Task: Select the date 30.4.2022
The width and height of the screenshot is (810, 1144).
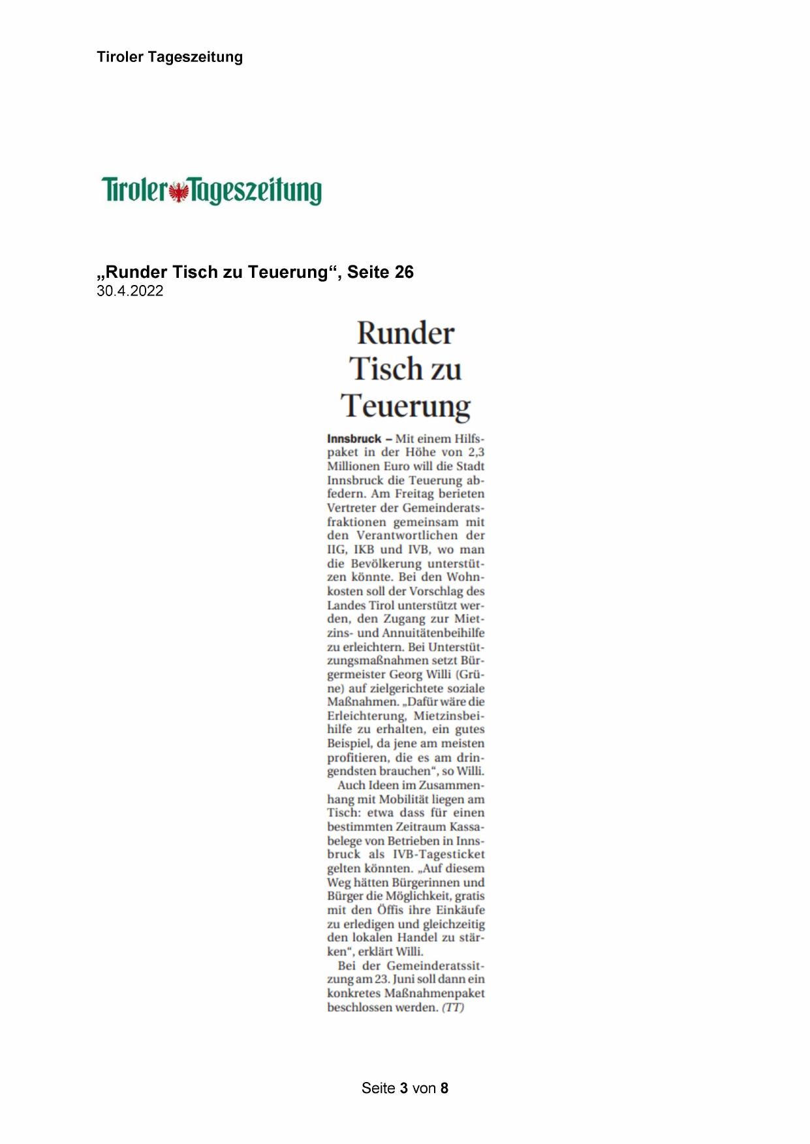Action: pos(130,292)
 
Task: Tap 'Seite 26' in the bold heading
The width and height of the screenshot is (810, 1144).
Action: pos(381,272)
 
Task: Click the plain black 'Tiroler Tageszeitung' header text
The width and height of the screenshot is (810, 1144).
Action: pos(170,57)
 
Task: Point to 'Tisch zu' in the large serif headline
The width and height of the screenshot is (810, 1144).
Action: pos(405,369)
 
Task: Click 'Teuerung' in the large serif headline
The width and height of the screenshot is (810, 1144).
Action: pos(405,405)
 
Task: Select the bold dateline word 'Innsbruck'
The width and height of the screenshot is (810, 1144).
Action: pos(354,439)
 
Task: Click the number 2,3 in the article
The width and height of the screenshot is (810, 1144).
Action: pos(476,453)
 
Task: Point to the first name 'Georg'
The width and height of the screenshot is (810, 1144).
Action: pos(407,674)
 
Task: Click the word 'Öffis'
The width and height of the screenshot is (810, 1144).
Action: pos(390,910)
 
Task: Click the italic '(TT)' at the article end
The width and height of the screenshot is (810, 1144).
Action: pos(453,1008)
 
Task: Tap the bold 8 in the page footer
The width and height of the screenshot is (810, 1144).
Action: pos(444,1089)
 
